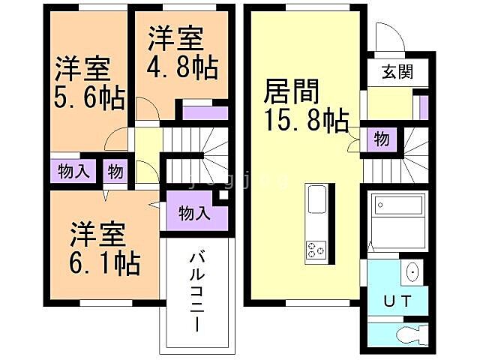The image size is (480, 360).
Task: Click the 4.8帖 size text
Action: [x=182, y=67]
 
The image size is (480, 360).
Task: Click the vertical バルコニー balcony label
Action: [x=197, y=289]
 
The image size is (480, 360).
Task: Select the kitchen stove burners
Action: [x=316, y=250]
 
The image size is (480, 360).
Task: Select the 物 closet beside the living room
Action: [x=381, y=139]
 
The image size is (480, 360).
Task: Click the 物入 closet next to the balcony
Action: [x=194, y=213]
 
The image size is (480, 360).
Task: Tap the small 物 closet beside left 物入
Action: [x=115, y=170]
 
